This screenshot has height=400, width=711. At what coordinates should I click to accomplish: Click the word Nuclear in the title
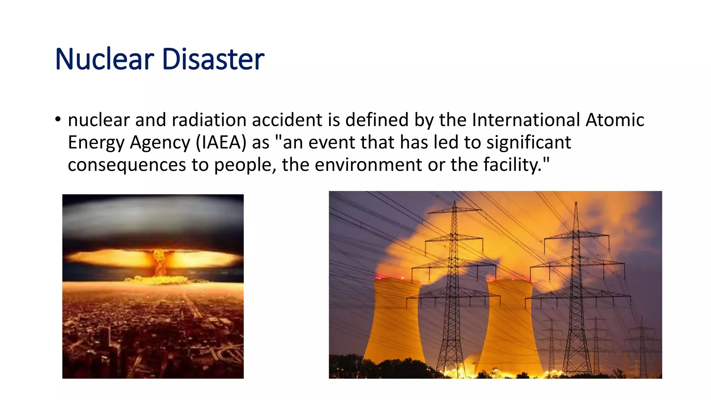pyautogui.click(x=104, y=59)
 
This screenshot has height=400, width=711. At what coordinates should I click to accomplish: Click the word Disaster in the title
pyautogui.click(x=213, y=59)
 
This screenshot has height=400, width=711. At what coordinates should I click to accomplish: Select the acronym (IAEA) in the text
pyautogui.click(x=221, y=142)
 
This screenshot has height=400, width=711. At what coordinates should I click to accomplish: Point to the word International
pyautogui.click(x=526, y=120)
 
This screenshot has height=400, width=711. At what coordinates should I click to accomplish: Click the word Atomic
pyautogui.click(x=615, y=120)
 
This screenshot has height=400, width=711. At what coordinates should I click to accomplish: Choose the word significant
pyautogui.click(x=528, y=142)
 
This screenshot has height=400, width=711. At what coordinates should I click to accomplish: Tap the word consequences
pyautogui.click(x=127, y=165)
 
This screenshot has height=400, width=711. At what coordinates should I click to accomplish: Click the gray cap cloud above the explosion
pyautogui.click(x=153, y=219)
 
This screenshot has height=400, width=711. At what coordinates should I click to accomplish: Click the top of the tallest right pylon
pyautogui.click(x=576, y=203)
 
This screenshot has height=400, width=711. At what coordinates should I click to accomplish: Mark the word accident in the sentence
pyautogui.click(x=287, y=120)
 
